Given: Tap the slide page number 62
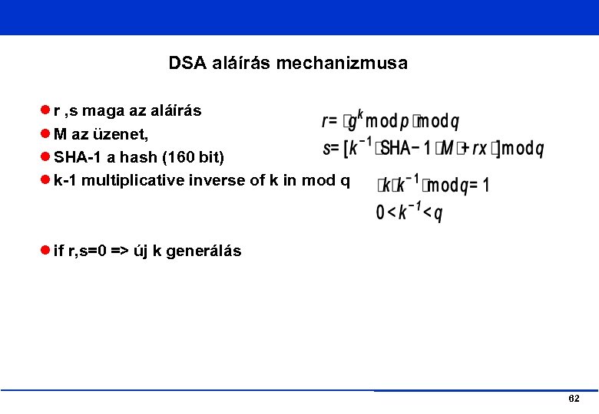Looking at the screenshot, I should coord(574,399).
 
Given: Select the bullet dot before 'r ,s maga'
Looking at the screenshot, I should coord(47,111).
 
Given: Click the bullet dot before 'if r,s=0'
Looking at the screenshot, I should coord(47,251).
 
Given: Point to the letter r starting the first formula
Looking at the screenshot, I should coord(326,121).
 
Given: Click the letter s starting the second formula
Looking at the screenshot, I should coord(326,148).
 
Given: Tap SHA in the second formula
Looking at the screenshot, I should coord(396,148).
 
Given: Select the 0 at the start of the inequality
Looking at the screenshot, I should coord(380,213).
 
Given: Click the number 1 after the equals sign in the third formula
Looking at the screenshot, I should coord(485,186).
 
